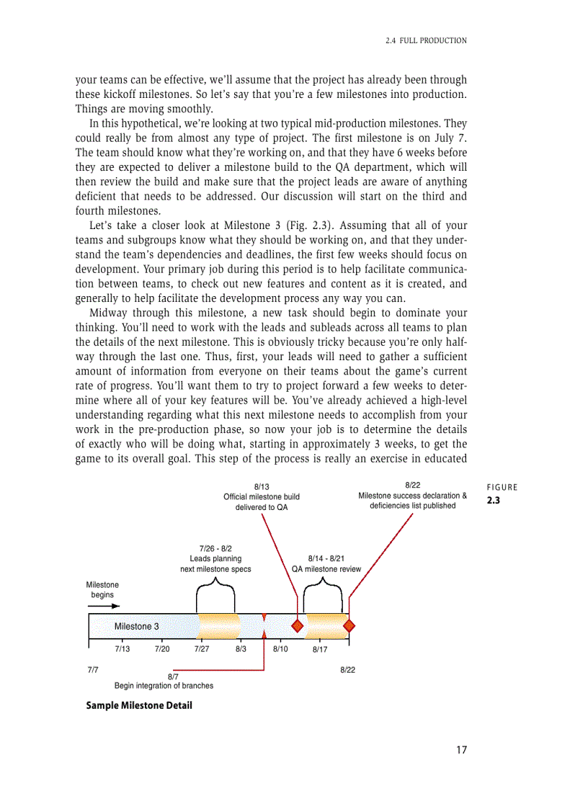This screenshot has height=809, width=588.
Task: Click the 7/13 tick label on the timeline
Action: [122, 649]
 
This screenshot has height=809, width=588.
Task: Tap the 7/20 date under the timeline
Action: [162, 649]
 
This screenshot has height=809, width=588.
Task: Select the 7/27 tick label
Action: [202, 649]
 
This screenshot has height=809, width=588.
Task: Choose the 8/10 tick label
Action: [280, 649]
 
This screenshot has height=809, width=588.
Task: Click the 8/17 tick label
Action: [320, 650]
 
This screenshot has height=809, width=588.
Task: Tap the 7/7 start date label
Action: [93, 670]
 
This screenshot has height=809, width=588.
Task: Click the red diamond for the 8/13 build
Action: [297, 625]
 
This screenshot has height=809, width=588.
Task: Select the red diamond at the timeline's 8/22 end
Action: [349, 625]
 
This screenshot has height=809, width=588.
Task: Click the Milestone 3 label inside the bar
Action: [137, 626]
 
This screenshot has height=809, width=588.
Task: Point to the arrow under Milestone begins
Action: [104, 606]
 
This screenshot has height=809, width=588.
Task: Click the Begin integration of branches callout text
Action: [164, 686]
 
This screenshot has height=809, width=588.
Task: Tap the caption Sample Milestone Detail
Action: [139, 705]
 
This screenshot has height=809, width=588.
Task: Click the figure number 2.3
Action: [494, 500]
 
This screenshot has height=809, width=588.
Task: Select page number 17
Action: [461, 750]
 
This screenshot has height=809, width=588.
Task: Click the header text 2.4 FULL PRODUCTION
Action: [426, 40]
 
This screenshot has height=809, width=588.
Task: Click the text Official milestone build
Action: [262, 496]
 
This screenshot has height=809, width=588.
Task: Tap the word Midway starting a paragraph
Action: [110, 313]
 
